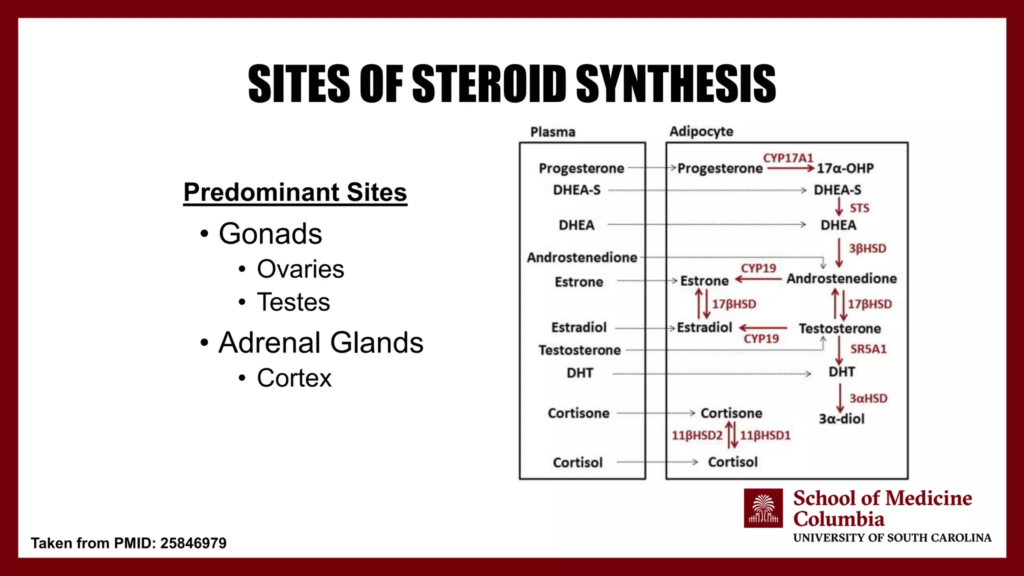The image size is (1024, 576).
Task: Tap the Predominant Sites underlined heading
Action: click(x=295, y=192)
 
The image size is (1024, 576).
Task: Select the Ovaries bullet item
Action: click(x=300, y=269)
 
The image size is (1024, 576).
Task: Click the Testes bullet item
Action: click(x=293, y=302)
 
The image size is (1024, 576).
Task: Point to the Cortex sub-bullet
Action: click(x=294, y=378)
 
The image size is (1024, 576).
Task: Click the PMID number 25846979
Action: click(x=193, y=543)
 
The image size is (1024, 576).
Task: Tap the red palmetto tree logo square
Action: click(x=763, y=508)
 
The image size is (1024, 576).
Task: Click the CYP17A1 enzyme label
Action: click(x=788, y=158)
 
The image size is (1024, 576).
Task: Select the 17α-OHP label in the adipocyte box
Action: click(x=845, y=168)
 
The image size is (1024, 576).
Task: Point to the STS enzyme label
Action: click(x=859, y=208)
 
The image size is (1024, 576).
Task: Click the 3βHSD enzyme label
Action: click(x=867, y=248)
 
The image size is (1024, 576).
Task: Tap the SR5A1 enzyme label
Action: click(x=868, y=349)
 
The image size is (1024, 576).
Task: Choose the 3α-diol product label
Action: click(x=841, y=419)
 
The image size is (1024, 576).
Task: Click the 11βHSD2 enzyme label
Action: click(x=697, y=435)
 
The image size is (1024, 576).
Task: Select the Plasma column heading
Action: click(x=552, y=132)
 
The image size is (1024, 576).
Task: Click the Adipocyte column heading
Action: click(x=701, y=131)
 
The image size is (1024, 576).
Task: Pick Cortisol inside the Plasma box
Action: click(x=577, y=462)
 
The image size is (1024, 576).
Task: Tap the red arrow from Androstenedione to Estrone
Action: click(x=758, y=279)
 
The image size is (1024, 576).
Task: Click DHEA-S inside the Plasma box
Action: click(x=576, y=190)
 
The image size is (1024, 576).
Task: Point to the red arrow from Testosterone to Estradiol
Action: click(x=763, y=328)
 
